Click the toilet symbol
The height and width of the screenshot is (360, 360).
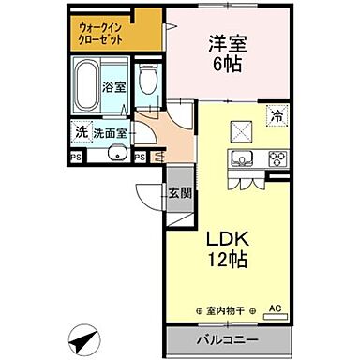146,81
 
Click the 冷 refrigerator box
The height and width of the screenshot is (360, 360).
277,116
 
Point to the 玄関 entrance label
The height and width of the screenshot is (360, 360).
178,194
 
